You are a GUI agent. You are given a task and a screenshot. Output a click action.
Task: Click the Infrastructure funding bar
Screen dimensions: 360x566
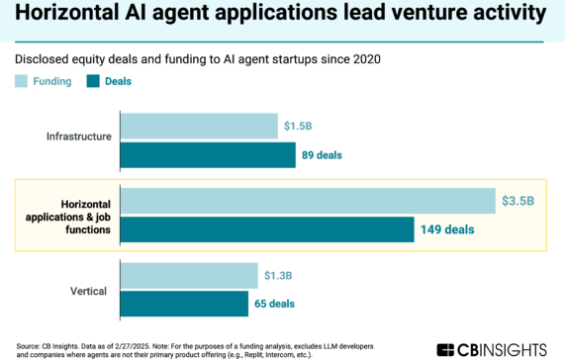click(x=199, y=126)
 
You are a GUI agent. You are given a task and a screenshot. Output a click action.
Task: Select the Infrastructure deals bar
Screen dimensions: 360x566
click(x=208, y=154)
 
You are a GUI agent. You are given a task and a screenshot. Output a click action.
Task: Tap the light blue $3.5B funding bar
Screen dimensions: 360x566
click(x=307, y=201)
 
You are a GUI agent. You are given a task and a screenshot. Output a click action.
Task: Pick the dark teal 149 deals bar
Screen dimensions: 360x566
click(x=267, y=229)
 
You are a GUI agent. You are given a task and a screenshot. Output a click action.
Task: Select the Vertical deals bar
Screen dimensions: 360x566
click(x=184, y=303)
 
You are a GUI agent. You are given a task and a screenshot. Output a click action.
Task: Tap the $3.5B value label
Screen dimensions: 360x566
click(x=518, y=201)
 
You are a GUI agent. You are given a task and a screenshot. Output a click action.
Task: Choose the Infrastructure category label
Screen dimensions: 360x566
click(x=78, y=135)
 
